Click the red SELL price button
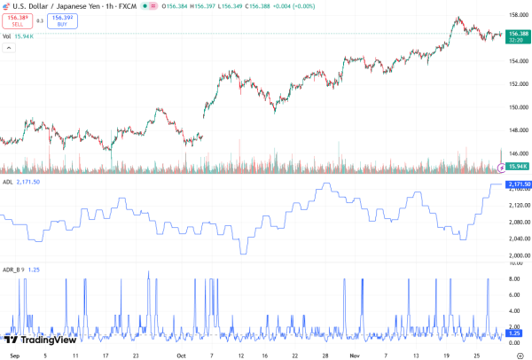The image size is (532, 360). coord(15,21)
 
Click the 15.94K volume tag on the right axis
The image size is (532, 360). coord(517,167)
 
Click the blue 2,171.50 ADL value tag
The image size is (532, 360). coord(518,184)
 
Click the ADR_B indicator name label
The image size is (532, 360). coord(12,269)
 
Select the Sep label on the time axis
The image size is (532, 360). coord(12,354)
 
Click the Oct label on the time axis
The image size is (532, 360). coord(180,354)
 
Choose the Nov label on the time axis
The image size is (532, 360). coord(353,354)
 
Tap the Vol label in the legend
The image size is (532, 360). coord(6,35)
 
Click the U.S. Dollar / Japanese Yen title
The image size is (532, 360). coord(58,5)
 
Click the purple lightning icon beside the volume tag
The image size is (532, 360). coord(503,167)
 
